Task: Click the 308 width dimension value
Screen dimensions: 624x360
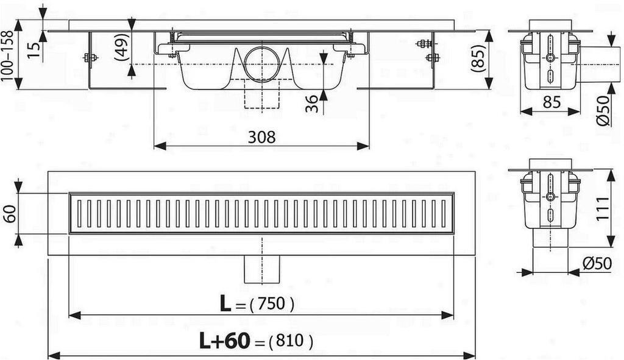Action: [x=261, y=137]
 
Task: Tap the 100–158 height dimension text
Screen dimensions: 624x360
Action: [x=7, y=55]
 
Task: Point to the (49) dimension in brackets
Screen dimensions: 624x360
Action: [x=121, y=47]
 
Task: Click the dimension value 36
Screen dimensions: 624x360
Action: [x=312, y=104]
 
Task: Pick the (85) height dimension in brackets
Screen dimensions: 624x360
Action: [x=477, y=58]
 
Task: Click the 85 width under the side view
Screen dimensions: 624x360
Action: [x=551, y=102]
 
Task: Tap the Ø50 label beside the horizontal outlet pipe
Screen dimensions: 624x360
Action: [x=603, y=111]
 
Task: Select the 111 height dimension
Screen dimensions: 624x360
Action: [x=602, y=208]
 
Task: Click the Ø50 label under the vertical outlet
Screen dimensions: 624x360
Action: [x=597, y=263]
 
